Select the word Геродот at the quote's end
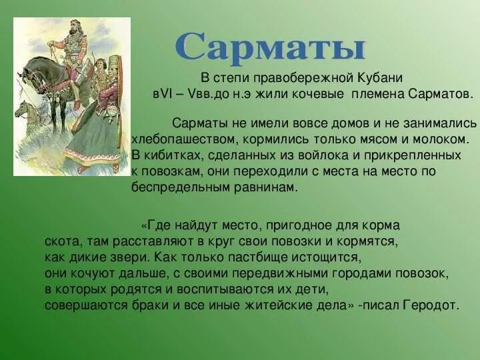(x=433, y=305)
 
